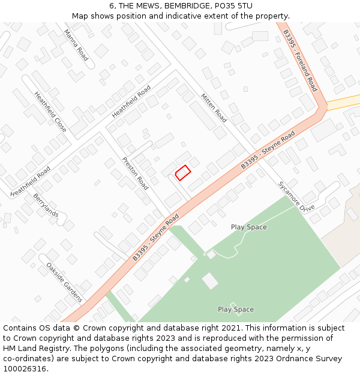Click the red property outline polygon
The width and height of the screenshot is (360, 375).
pos(183,172)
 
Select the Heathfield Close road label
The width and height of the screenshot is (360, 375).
pos(50,112)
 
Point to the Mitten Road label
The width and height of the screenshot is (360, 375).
pos(214,108)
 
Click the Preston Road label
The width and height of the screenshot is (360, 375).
pos(135,173)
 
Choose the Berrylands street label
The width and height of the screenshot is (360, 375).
pos(46,205)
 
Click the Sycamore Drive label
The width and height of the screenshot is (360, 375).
pos(296,196)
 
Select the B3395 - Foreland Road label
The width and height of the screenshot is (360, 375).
pos(300,60)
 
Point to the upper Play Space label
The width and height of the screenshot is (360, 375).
pos(248,227)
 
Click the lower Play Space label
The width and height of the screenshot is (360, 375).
pos(235,310)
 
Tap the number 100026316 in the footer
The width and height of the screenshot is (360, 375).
pos(25,369)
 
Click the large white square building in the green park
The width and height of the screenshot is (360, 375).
pos(210,280)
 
